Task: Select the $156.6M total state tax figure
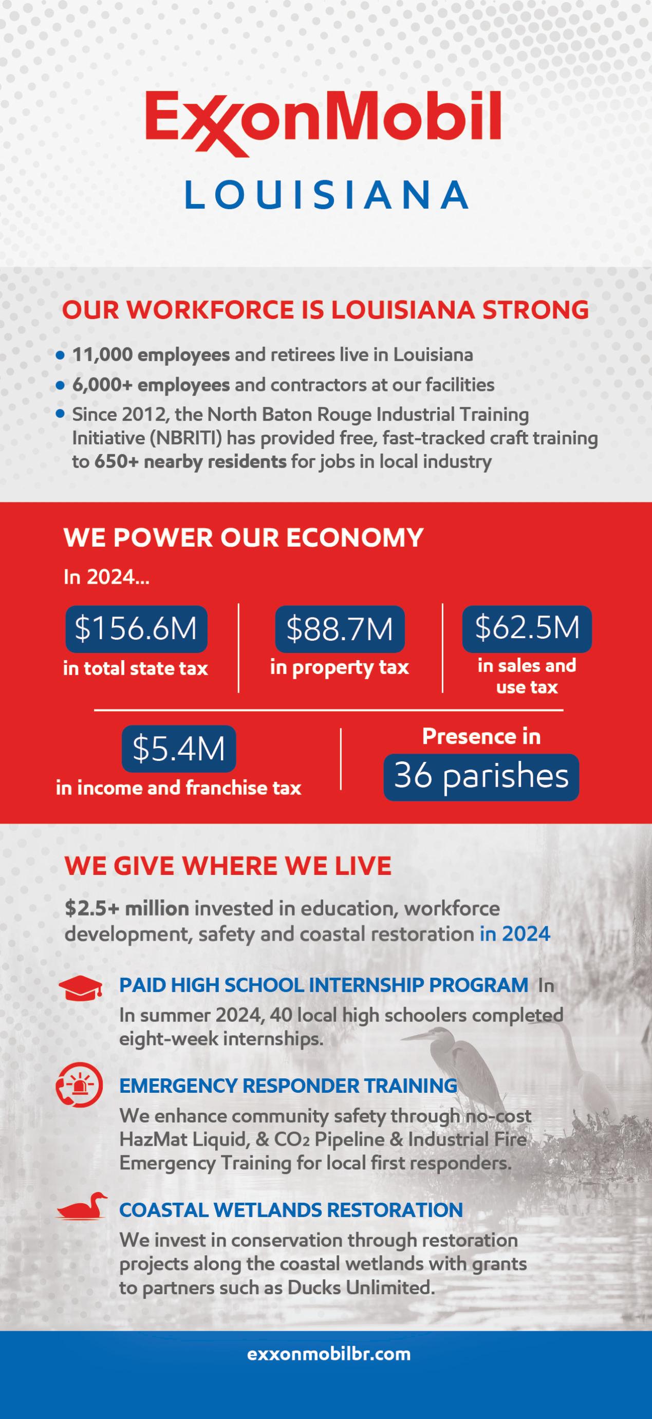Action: [x=136, y=628]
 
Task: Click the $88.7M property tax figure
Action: [x=340, y=628]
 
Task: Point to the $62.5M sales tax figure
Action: [x=527, y=628]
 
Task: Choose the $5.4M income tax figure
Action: [x=178, y=749]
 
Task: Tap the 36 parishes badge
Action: [x=481, y=777]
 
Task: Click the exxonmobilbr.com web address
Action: [x=329, y=1354]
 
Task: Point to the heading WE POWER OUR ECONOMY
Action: [x=244, y=537]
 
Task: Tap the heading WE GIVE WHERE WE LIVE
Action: [x=228, y=866]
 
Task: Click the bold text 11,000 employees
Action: [x=151, y=354]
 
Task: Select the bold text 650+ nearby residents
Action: [x=191, y=462]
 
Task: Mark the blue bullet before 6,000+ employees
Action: [x=61, y=385]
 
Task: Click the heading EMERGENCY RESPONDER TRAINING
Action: [x=288, y=1086]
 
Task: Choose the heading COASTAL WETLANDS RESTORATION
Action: [x=291, y=1210]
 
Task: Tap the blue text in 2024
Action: [x=515, y=934]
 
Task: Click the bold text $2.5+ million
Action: [x=127, y=908]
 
